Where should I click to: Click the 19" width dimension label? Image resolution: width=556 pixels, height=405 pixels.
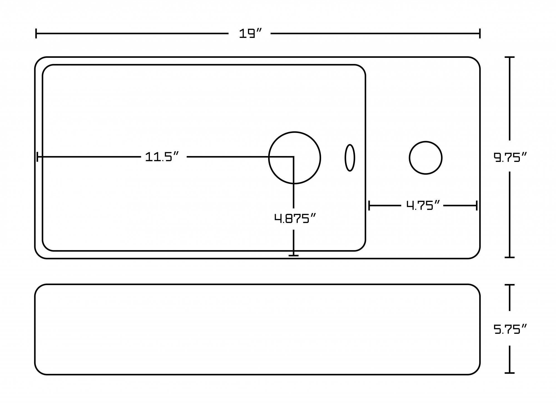pos(250,34)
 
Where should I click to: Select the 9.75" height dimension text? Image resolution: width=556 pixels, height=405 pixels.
pos(510,157)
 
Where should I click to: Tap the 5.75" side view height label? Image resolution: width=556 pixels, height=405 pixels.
pos(510,329)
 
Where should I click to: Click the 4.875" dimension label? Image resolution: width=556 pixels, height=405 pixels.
pos(295,219)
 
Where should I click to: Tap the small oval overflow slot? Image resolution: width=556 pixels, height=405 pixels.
pos(350,158)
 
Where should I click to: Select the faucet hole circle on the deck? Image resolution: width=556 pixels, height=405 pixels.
pos(426,158)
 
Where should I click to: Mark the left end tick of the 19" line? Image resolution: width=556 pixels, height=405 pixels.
pos(36,33)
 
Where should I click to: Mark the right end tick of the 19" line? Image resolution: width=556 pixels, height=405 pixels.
pos(480,33)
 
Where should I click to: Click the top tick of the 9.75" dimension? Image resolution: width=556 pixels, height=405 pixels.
pos(509,57)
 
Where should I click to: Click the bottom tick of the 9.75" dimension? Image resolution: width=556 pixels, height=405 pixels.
pos(509,257)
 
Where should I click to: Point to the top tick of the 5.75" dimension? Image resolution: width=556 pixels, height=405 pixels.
pos(509,285)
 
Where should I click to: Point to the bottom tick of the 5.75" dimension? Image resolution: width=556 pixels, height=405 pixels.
pos(509,373)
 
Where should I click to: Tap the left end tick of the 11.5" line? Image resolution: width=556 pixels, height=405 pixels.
pos(38,157)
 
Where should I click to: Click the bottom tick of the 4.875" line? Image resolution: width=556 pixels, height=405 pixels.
pos(294,255)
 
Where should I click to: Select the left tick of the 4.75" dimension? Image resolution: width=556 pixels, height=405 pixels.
pos(369,206)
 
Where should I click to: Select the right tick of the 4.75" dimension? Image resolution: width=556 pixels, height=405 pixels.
pos(476,206)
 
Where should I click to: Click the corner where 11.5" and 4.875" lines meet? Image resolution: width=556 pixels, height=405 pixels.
pos(293,157)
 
